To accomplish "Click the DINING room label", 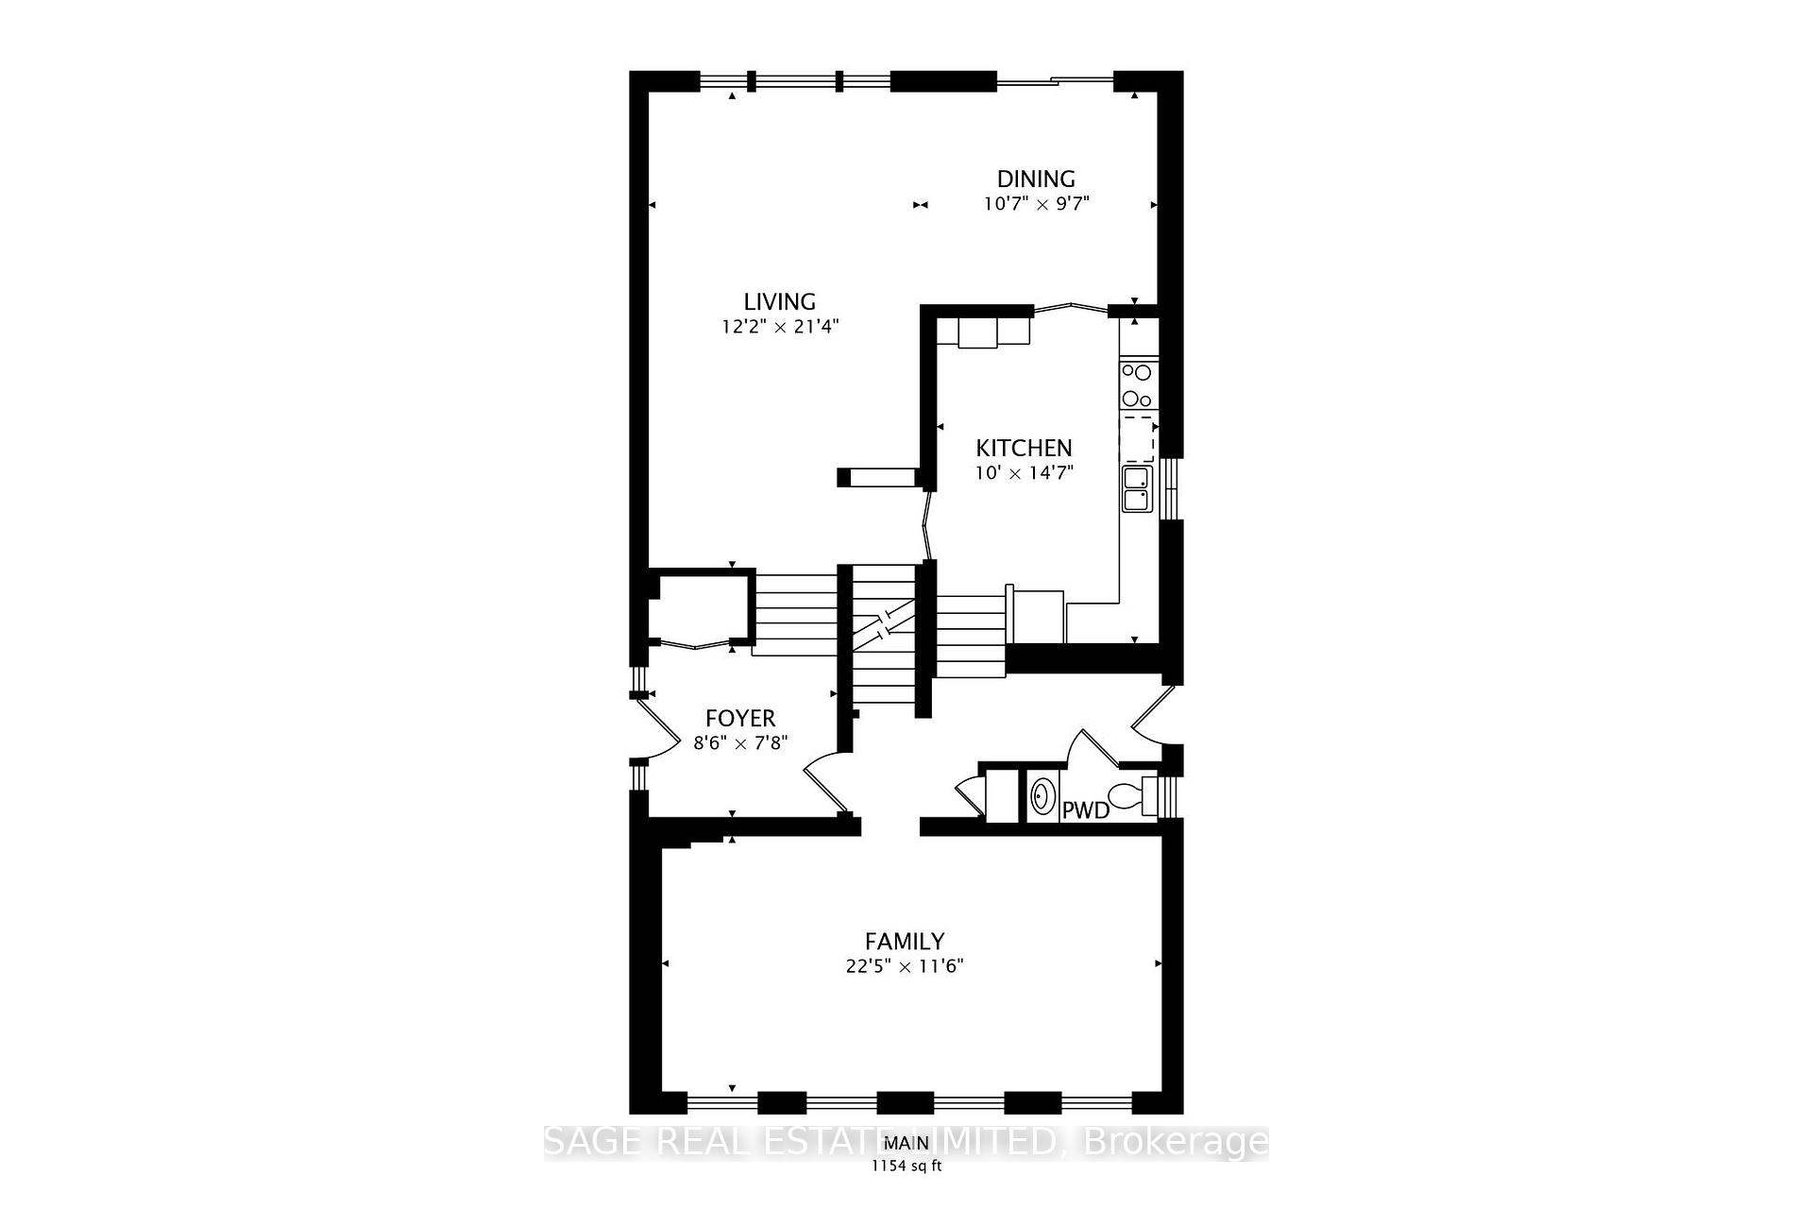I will tap(1036, 179).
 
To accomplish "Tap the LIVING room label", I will tap(779, 301).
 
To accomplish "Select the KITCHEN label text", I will tap(1024, 448).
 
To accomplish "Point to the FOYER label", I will tap(740, 719).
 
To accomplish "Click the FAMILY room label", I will tap(905, 942).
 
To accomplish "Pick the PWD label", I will tap(1086, 810).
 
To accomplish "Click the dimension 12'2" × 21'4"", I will tap(780, 327).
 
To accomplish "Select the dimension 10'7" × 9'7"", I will tap(1036, 204).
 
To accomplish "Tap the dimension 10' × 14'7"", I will tap(1024, 472).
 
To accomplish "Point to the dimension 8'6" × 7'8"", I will tap(740, 743).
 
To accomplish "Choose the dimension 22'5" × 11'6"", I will tap(905, 966).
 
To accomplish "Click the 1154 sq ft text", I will tap(906, 1166).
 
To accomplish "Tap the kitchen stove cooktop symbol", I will tap(1137, 384).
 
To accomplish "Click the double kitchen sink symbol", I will tap(1137, 488).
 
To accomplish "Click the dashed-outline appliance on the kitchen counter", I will tap(1137, 436).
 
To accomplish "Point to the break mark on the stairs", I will tap(883, 623).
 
